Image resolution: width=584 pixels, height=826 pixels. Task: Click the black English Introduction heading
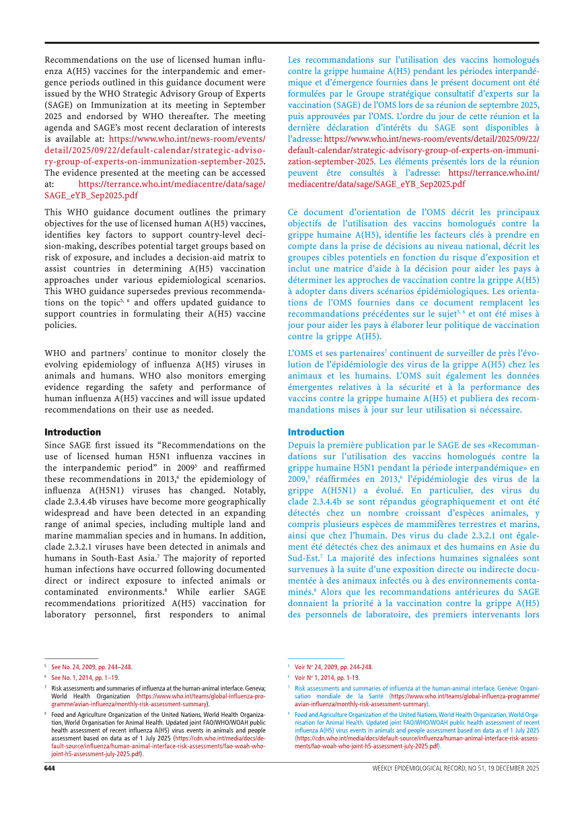pyautogui.click(x=73, y=432)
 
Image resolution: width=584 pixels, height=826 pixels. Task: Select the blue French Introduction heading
pyautogui.click(x=316, y=432)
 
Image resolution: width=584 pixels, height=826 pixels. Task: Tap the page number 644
pyautogui.click(x=50, y=768)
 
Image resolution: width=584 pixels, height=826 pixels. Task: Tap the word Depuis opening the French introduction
pyautogui.click(x=302, y=445)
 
